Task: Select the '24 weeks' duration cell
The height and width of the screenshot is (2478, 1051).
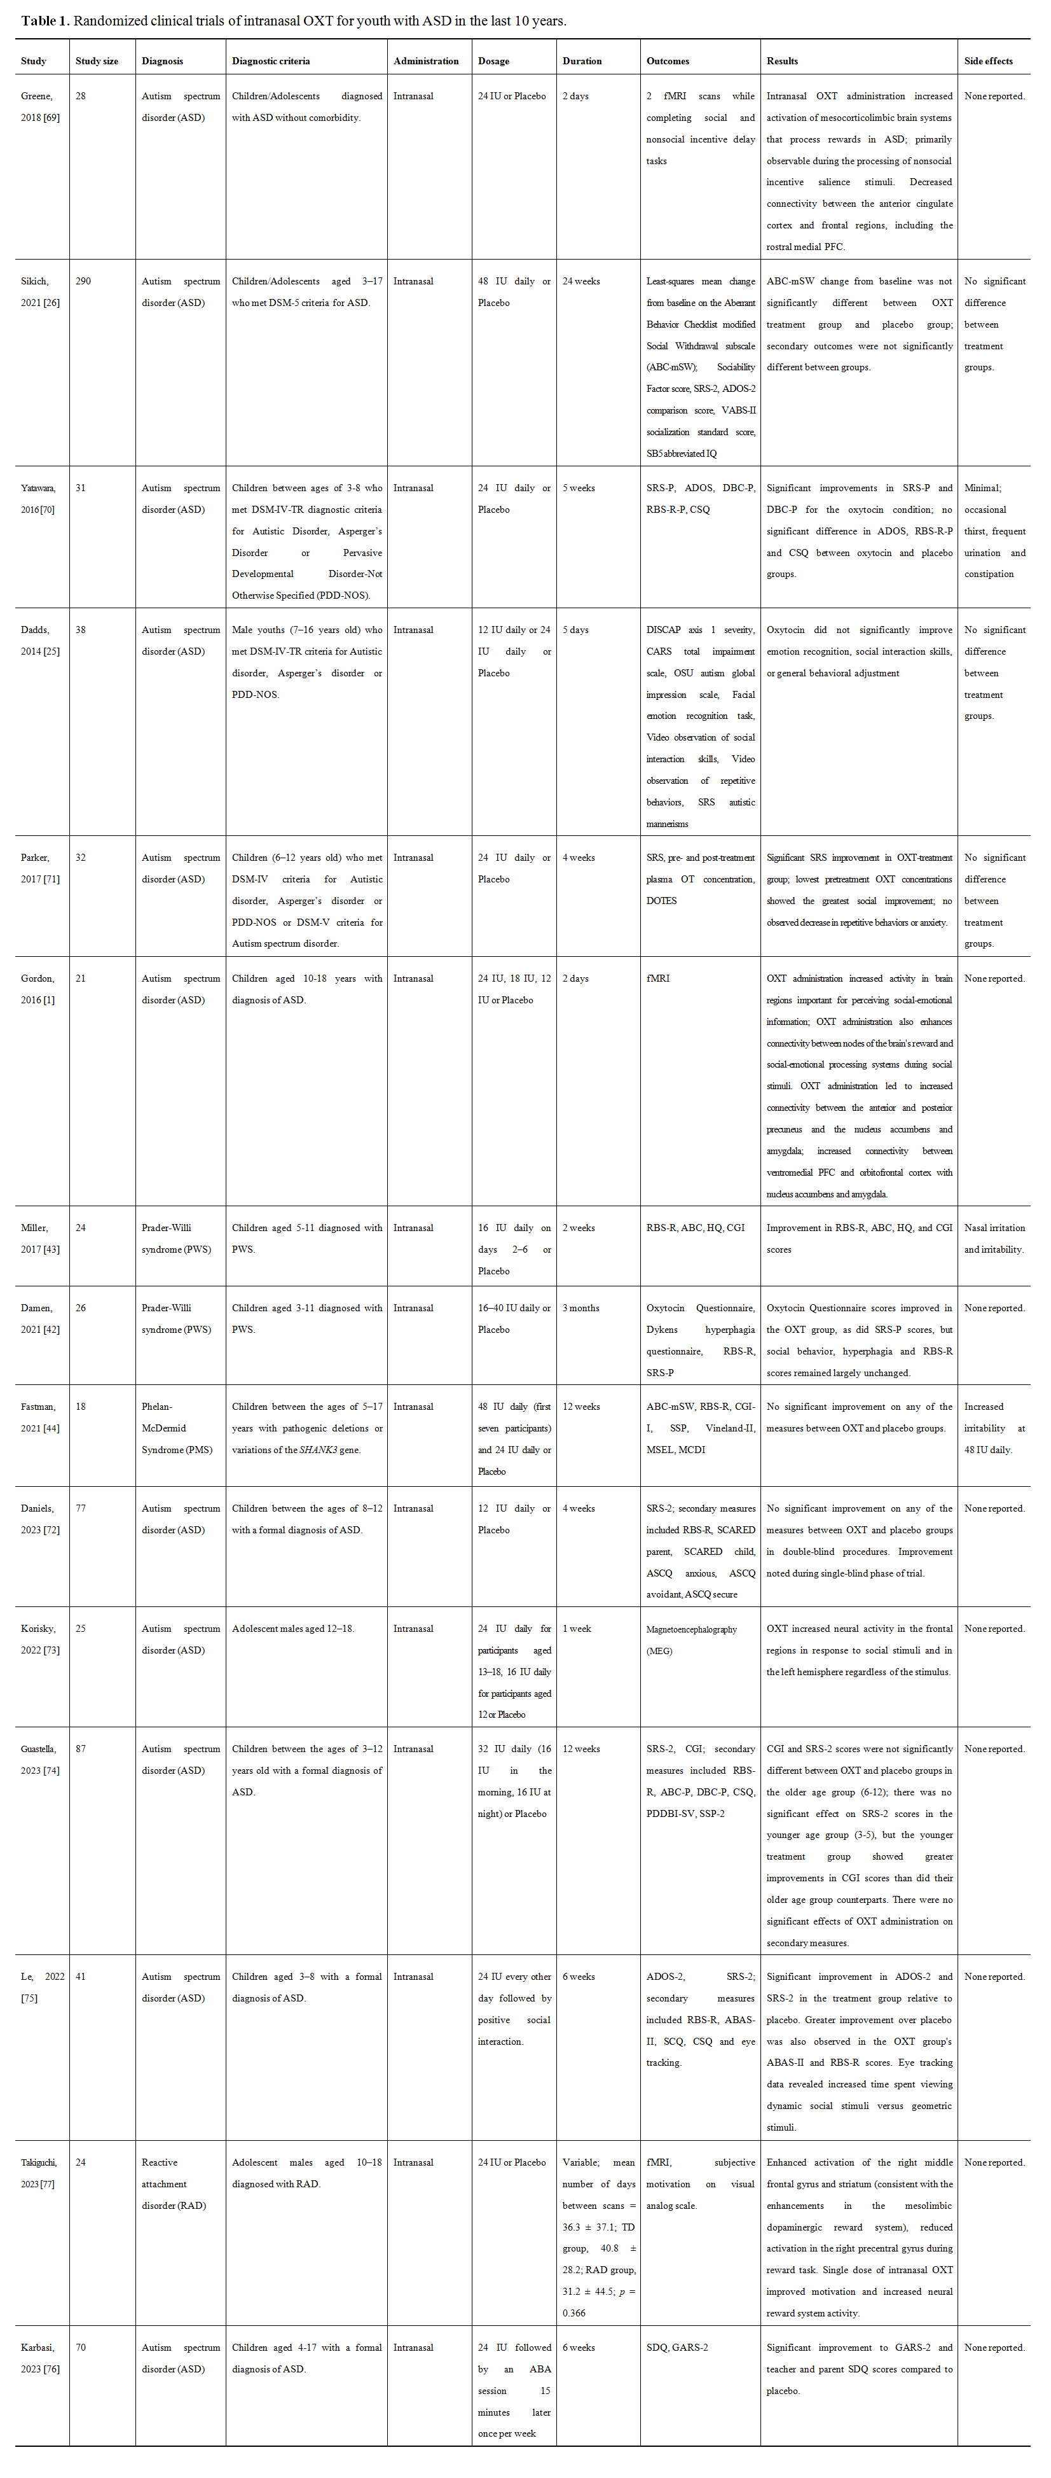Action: click(x=580, y=281)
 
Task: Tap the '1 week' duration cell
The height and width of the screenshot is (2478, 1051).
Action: click(x=577, y=1629)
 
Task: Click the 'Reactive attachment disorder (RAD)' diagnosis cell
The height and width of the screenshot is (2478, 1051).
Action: click(x=173, y=2183)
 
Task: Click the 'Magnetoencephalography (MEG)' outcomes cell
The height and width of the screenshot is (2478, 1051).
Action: click(x=690, y=1639)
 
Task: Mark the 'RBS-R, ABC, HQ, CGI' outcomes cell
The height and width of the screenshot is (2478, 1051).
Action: click(x=695, y=1227)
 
